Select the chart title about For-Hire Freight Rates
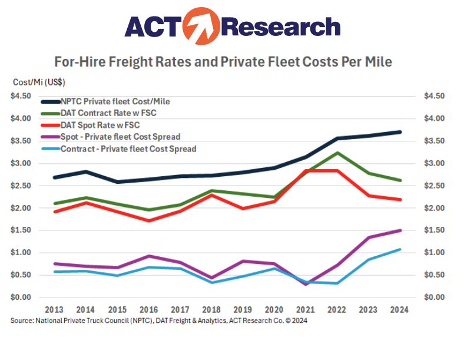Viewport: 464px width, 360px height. point(223,61)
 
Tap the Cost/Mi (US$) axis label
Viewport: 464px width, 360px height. point(39,82)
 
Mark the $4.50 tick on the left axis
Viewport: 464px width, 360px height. point(22,96)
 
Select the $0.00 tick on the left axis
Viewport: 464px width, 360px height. point(22,298)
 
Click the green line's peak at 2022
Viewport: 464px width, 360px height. point(337,153)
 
